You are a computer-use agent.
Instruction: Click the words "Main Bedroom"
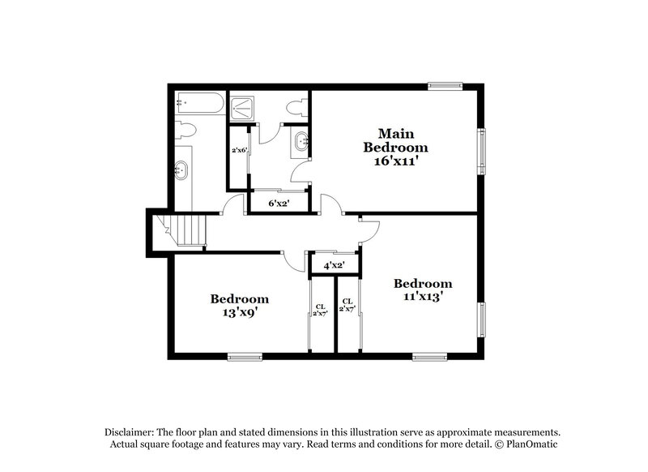(394, 140)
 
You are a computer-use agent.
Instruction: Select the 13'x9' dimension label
(240, 311)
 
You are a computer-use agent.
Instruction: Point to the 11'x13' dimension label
(422, 297)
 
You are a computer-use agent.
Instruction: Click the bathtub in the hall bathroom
(197, 102)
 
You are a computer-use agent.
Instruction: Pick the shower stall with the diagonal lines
(241, 108)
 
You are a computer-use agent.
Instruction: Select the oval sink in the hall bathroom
(181, 171)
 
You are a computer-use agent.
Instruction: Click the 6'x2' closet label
(279, 203)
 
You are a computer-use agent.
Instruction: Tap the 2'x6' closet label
(239, 150)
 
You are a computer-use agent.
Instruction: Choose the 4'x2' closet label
(335, 265)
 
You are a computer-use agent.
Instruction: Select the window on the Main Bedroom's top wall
(445, 85)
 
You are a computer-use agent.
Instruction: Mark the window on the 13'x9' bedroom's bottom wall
(245, 355)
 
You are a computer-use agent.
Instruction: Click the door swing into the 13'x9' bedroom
(293, 260)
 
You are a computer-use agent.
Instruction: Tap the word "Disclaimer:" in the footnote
(133, 432)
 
